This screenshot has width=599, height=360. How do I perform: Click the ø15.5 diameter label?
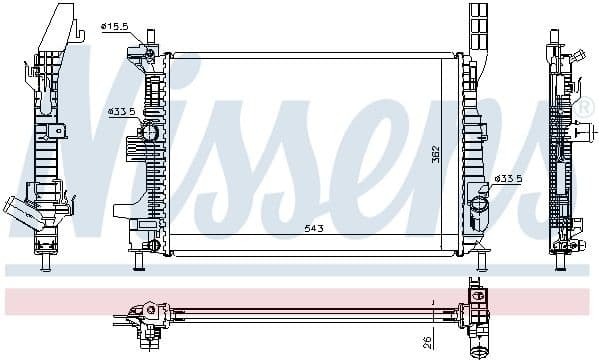(115, 25)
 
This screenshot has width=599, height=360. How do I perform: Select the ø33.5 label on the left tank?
(121, 111)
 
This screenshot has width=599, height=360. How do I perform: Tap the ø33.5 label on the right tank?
(509, 179)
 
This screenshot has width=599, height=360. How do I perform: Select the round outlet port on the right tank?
(479, 204)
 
